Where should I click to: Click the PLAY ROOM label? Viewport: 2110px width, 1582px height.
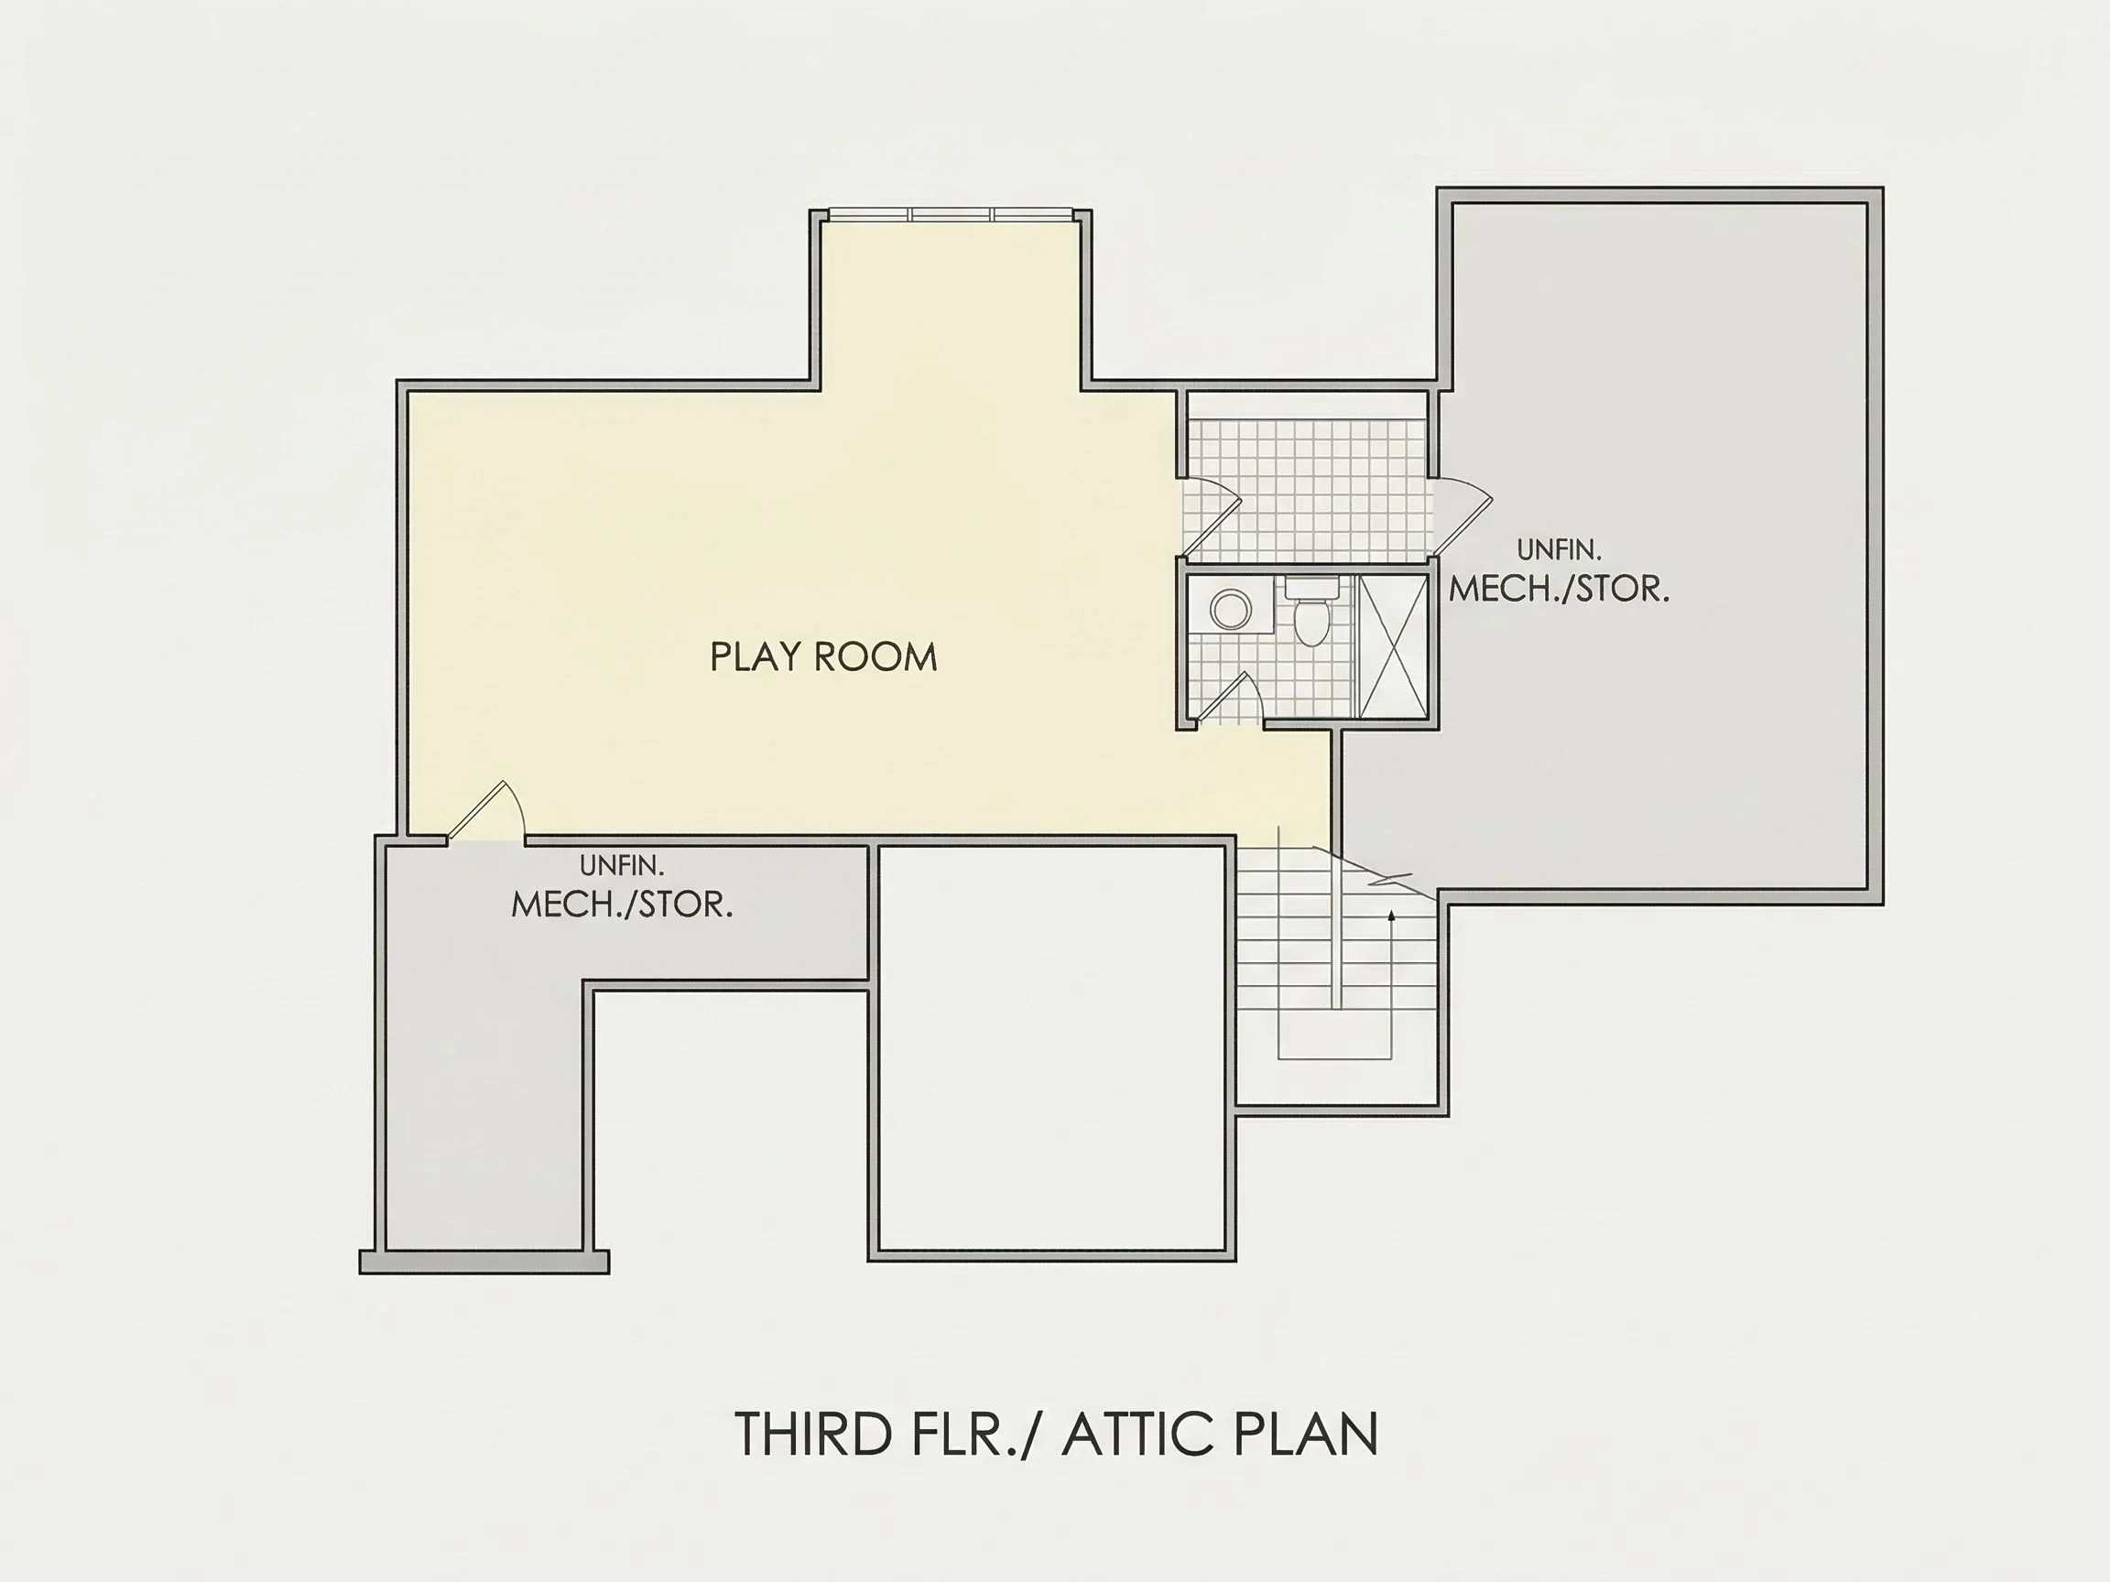click(824, 657)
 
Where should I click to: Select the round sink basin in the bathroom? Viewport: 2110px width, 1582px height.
click(1231, 609)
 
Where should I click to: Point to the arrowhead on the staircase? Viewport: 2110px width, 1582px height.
click(1392, 915)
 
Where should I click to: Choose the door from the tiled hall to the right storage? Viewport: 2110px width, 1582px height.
click(1462, 515)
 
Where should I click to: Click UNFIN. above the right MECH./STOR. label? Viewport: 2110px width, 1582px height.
click(1559, 550)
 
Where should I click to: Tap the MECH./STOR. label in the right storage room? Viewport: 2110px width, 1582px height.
click(1560, 590)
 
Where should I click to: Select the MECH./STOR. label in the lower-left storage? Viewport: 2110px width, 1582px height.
click(622, 905)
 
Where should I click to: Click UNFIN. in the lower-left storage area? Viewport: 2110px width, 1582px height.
click(622, 866)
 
